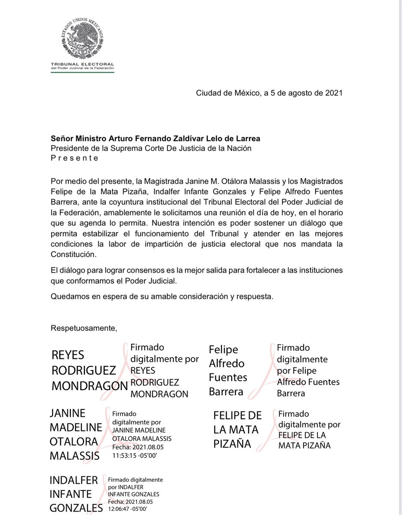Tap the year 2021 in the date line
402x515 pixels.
pos(333,93)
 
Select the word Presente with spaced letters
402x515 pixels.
pos(75,158)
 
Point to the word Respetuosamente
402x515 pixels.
pos(84,328)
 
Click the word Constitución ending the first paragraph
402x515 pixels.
pos(73,254)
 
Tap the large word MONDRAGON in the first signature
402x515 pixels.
pos(90,385)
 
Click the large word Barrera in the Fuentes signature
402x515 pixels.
pos(226,391)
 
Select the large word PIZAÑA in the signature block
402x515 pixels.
pos(232,443)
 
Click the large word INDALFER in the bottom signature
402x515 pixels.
pos(74,479)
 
